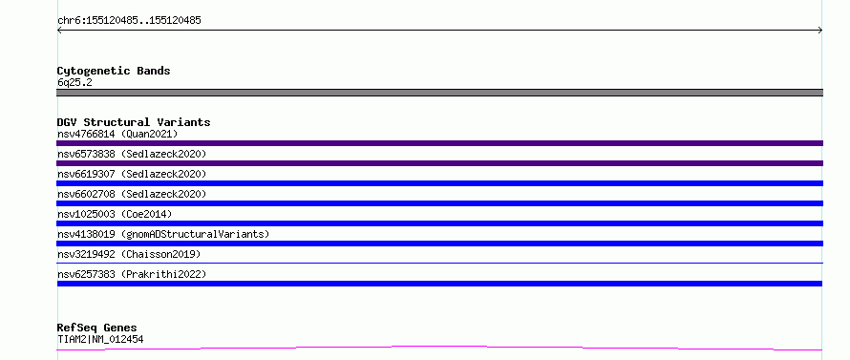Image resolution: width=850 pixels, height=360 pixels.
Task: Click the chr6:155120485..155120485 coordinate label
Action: pos(129,21)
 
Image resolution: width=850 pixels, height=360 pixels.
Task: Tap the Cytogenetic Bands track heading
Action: pos(114,71)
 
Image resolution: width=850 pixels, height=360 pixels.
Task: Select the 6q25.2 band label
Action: pos(74,82)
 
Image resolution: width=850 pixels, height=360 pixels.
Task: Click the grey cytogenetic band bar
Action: pos(439,93)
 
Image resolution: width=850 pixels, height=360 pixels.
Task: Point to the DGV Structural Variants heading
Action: pos(134,122)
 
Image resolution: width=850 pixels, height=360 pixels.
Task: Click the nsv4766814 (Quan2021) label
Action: pos(117,134)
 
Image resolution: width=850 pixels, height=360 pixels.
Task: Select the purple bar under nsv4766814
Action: pos(439,143)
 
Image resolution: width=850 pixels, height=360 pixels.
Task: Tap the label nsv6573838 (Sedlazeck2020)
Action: pos(132,154)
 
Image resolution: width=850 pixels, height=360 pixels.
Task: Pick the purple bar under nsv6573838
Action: pos(439,163)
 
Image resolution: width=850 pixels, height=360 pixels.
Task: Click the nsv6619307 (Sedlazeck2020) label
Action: pos(132,174)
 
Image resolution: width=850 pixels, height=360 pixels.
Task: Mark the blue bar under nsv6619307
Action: pos(439,183)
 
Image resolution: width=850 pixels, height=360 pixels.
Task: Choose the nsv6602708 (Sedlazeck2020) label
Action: pos(132,194)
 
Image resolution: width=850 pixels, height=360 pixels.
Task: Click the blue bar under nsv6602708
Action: pos(439,203)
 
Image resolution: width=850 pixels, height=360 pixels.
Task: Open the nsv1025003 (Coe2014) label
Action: pos(115,214)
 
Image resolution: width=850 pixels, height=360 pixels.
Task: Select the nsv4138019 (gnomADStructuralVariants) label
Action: pos(163,234)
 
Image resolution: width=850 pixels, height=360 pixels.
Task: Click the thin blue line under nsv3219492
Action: pos(439,263)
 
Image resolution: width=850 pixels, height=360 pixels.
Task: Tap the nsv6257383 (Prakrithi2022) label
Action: pos(132,274)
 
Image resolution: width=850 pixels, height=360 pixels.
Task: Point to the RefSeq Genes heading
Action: pos(97,328)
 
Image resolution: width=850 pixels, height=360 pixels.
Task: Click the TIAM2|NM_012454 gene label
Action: pos(100,339)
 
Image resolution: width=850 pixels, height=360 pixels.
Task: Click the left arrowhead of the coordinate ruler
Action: pos(58,31)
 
